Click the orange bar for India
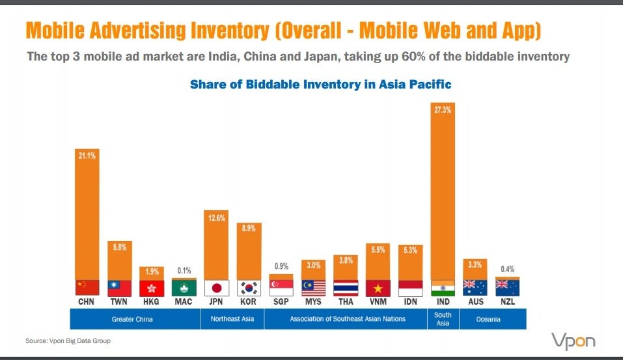point(443,191)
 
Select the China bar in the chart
point(87,215)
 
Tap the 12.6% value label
point(217,217)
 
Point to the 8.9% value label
point(249,228)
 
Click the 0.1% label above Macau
point(184,271)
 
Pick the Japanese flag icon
point(217,288)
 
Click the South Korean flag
point(249,288)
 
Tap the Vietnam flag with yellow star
point(378,288)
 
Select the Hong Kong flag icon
point(152,288)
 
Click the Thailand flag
point(346,288)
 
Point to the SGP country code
point(281,301)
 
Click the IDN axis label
point(410,301)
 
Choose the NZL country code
point(507,301)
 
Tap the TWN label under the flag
point(118,301)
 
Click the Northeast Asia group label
point(232,319)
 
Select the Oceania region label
point(488,319)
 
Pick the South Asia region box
point(443,319)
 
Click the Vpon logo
point(574,341)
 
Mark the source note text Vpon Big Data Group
point(80,340)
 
